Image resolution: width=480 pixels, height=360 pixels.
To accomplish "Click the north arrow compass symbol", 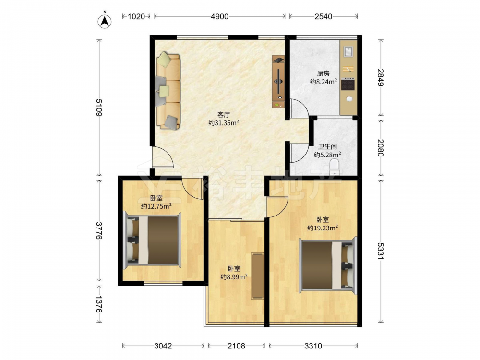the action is tap(104, 21).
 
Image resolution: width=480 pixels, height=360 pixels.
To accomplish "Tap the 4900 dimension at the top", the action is tap(219, 16).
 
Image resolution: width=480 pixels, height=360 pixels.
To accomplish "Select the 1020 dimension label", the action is tap(136, 16).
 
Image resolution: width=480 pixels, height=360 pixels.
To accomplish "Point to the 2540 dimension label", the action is tap(323, 16).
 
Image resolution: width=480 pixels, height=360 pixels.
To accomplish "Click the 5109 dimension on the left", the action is tap(99, 108).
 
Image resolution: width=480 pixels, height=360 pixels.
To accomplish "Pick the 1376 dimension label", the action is tap(99, 304).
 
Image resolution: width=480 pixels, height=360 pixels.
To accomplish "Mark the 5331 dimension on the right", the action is tap(381, 251).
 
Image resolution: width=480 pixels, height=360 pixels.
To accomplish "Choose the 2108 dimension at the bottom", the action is tap(236, 346).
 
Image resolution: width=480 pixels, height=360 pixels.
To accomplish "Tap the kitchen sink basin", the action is tap(348, 51).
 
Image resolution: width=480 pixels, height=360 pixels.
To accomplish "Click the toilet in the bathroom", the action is tap(335, 166).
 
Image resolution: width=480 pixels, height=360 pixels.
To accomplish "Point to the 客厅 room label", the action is tap(224, 115).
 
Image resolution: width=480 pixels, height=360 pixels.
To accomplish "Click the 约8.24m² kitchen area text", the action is tap(324, 82).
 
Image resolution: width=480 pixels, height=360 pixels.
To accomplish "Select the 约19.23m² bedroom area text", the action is tap(323, 228).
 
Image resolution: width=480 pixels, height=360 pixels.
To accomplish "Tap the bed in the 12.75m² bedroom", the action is tap(153, 240).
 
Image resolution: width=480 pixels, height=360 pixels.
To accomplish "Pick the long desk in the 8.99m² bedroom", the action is tap(258, 276).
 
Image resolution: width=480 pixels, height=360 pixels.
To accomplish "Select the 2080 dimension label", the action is tap(381, 147).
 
